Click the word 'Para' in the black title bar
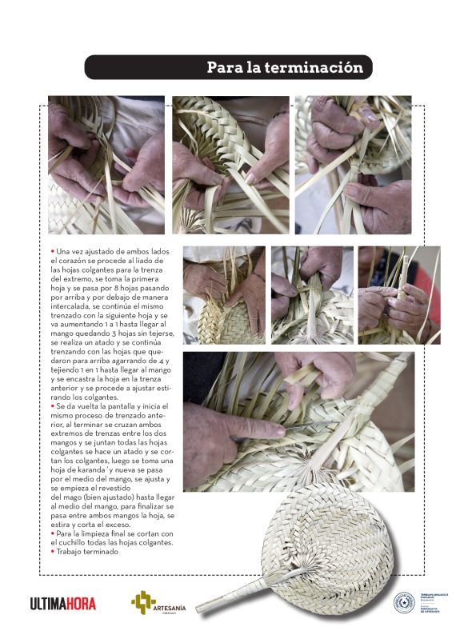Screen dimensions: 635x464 pos(224,68)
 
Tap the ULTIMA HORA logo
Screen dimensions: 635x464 pos(63,604)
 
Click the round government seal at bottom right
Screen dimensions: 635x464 pos(405,602)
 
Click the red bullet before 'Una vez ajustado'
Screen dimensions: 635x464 pos(52,251)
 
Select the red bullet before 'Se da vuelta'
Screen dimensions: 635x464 pos(52,406)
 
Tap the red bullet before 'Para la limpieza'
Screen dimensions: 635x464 pos(52,533)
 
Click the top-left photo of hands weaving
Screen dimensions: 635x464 pos(106,165)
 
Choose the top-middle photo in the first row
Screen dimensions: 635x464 pos(230,165)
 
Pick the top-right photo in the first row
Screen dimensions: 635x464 pos(353,165)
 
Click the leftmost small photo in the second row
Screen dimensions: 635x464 pos(224,294)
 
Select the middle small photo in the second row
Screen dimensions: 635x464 pos(312,294)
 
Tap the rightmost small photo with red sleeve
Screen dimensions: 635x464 pos(398,294)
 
